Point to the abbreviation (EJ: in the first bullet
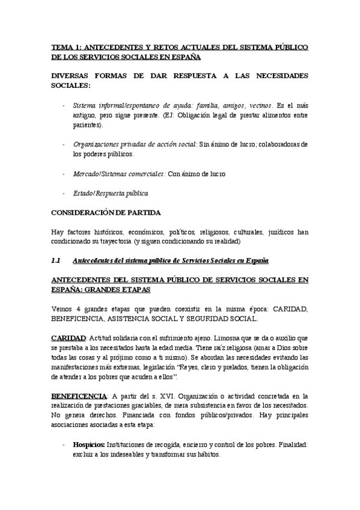[x=170, y=115]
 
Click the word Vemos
[x=63, y=309]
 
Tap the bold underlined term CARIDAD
[x=69, y=338]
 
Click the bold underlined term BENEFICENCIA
[x=77, y=396]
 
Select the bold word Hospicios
[x=89, y=444]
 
